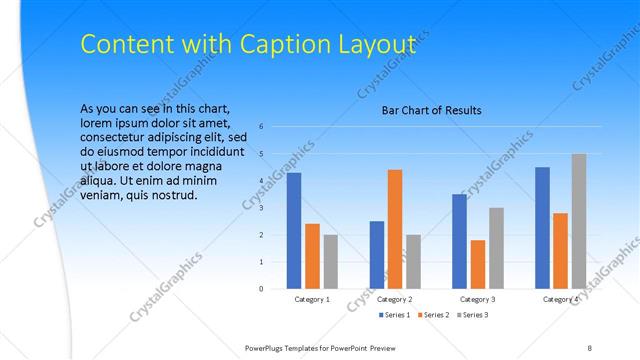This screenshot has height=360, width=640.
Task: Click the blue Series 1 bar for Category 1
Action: (x=294, y=231)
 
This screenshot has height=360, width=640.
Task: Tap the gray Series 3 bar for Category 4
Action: (x=579, y=221)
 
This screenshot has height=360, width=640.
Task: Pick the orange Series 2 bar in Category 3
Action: (x=478, y=264)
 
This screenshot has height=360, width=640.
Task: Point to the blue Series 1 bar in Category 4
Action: (x=542, y=228)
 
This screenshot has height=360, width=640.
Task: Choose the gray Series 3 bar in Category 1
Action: (x=331, y=262)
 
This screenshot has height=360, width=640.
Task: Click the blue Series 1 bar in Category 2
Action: (x=376, y=255)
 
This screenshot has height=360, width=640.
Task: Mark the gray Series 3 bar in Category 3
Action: (x=496, y=248)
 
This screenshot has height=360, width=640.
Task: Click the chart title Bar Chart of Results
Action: (x=432, y=110)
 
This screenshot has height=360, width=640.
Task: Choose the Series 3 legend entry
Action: (x=474, y=315)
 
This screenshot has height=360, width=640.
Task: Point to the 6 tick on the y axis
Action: (x=261, y=127)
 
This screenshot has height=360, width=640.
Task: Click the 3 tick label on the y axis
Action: (x=261, y=208)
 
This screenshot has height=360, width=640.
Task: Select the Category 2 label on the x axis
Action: (x=395, y=299)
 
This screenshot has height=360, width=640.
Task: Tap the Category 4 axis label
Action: (x=561, y=299)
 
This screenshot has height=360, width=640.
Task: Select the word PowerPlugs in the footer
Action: (x=270, y=347)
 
